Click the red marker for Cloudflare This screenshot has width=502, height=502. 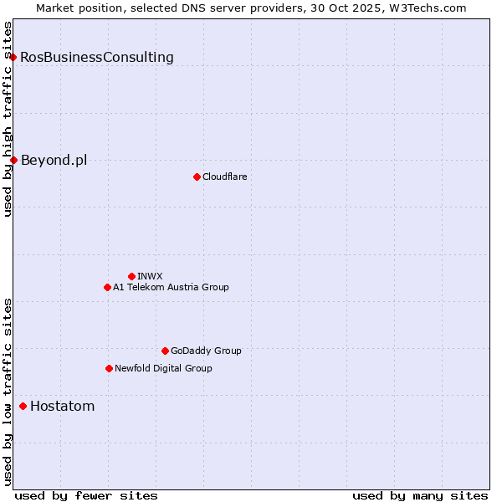[197, 177]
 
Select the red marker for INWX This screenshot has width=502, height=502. [131, 276]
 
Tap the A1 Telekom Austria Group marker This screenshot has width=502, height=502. [107, 287]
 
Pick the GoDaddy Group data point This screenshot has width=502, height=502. [165, 351]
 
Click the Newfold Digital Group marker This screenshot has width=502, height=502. [109, 368]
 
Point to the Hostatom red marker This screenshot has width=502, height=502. [23, 407]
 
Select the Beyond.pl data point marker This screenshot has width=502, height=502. [13, 160]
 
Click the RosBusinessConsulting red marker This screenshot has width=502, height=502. [13, 57]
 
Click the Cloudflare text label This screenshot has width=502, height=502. [224, 177]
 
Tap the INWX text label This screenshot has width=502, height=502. [150, 276]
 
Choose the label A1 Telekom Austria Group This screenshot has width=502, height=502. [171, 287]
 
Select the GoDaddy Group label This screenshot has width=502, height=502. [206, 351]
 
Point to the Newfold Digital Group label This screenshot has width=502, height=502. [163, 368]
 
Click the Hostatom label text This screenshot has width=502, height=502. [62, 407]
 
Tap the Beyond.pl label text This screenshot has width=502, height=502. [54, 160]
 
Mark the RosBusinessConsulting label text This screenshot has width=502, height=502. [97, 57]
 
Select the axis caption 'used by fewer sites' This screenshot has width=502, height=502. [86, 495]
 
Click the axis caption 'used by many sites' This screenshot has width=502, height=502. [420, 495]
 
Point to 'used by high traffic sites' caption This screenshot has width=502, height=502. [8, 119]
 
